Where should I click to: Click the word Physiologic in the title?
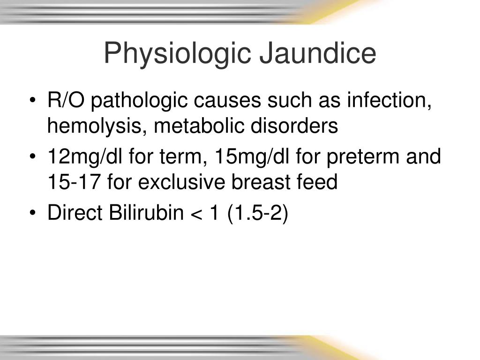(x=177, y=54)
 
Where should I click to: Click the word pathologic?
(x=136, y=100)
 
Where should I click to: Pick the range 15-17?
(x=74, y=182)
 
